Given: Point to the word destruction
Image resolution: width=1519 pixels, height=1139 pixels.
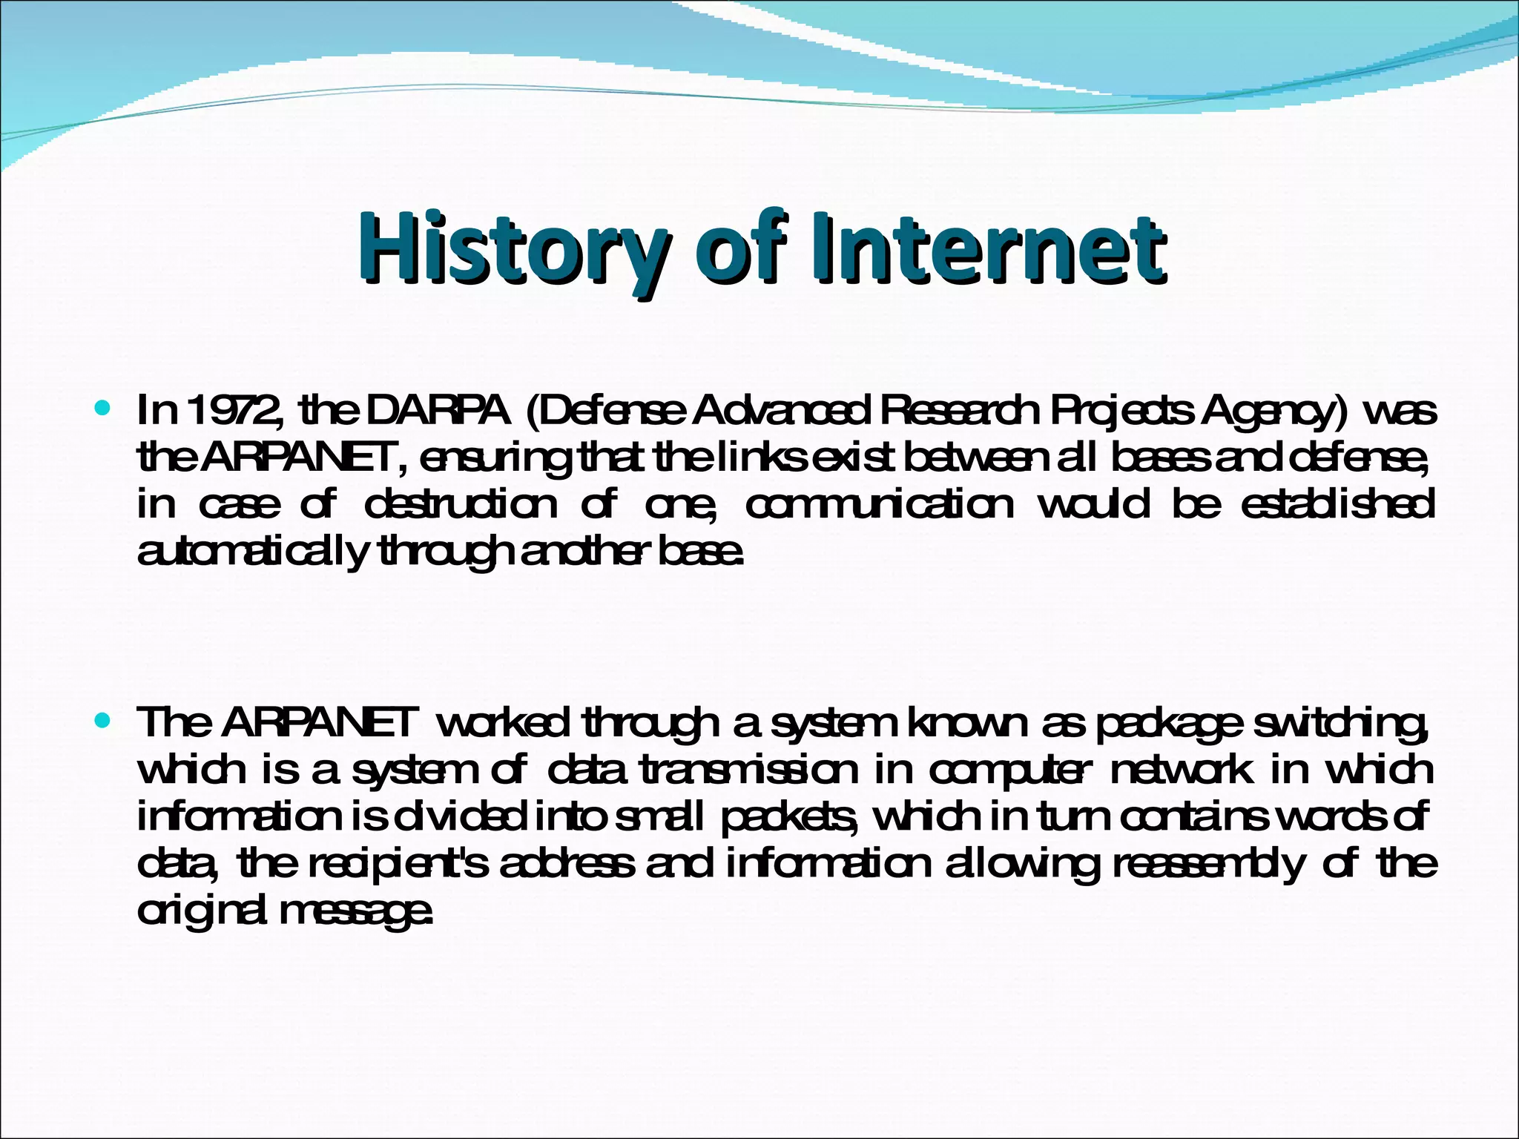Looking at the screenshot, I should click(461, 506).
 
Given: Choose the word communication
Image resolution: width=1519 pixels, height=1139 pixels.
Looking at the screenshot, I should click(879, 506).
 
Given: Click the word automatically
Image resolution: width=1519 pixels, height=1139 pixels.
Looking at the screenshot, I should click(253, 552).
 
